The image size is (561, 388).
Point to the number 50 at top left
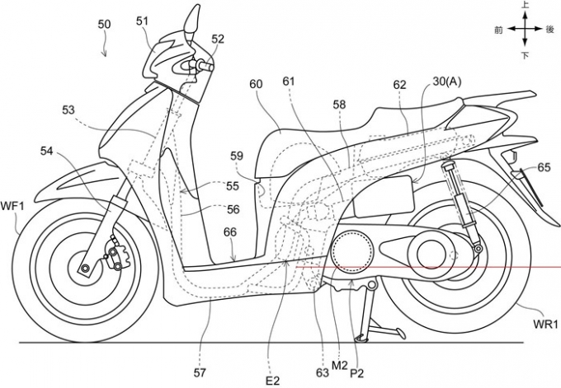(x=105, y=25)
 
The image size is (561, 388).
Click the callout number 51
(x=143, y=21)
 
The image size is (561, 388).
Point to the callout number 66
(x=232, y=233)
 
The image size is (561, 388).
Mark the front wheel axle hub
(x=84, y=269)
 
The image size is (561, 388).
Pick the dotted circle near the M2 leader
(x=352, y=250)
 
